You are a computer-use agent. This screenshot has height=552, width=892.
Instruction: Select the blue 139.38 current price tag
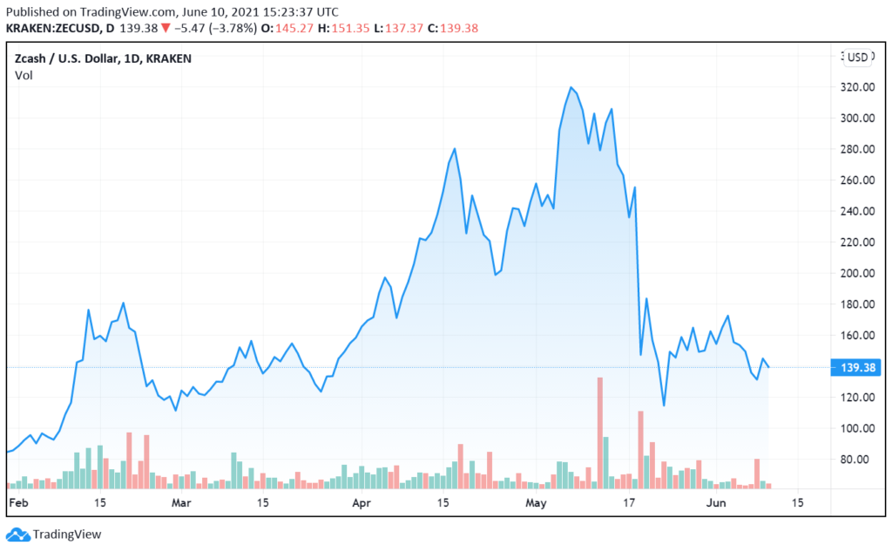point(860,367)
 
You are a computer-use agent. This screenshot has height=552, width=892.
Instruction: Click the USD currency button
point(859,58)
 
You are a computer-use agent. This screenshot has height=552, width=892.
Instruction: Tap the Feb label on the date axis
point(17,503)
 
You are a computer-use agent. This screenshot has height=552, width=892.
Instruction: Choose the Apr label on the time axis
point(361,503)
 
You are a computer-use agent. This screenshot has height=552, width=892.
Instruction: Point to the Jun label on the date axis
point(715,503)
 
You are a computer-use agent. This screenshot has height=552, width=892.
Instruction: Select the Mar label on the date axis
point(180,503)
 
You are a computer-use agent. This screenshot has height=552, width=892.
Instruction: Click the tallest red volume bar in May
point(599,432)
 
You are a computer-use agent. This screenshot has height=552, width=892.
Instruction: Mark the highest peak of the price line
point(571,87)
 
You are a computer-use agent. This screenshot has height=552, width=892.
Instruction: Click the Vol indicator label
point(24,75)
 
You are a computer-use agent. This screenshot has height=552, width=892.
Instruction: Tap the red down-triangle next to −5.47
point(166,29)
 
